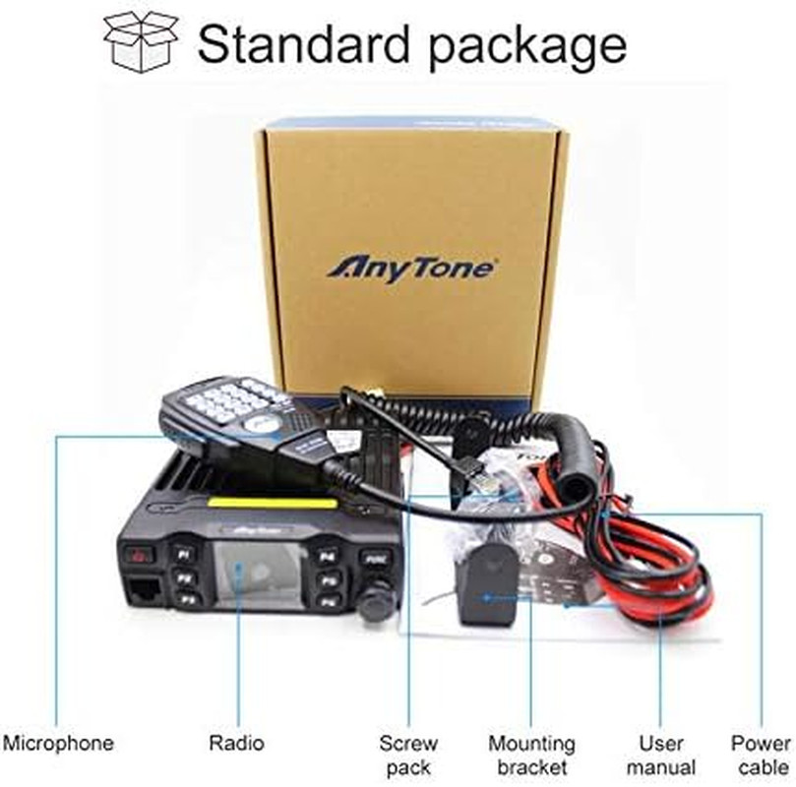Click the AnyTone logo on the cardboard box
411,268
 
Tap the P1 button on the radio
185,554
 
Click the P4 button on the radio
327,555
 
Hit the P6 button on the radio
328,600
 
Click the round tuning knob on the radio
375,602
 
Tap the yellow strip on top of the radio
258,508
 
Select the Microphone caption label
58,743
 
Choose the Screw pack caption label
408,755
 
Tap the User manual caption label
660,755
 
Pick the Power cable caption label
761,755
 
